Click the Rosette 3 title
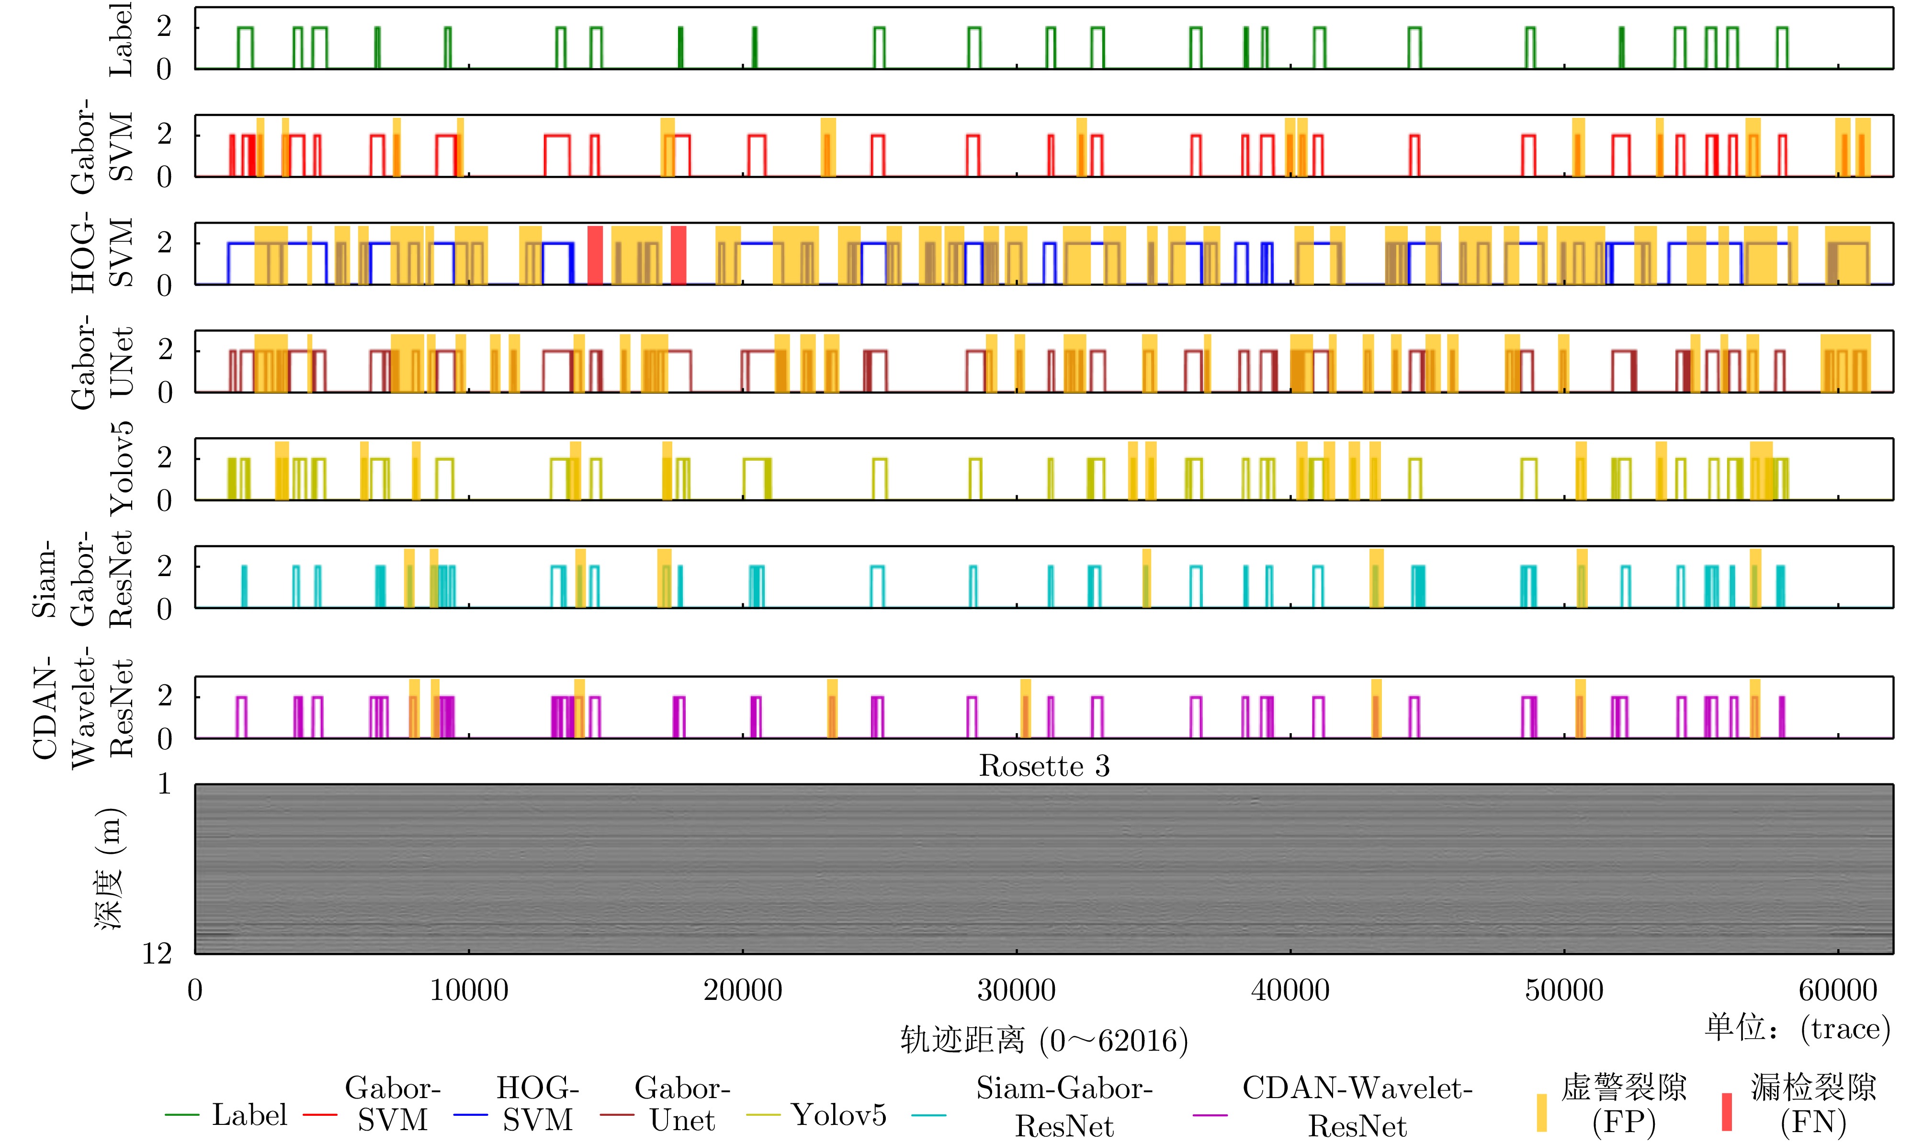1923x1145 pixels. click(1044, 766)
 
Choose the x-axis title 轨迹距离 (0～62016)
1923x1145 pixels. click(1044, 1041)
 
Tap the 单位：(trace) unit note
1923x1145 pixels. click(1797, 1028)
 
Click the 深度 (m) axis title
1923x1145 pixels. click(109, 869)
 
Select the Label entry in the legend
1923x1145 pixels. click(249, 1115)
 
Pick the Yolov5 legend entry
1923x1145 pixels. click(838, 1115)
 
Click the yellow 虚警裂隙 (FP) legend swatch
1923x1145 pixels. click(1541, 1112)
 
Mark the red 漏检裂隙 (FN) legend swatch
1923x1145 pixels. click(1726, 1112)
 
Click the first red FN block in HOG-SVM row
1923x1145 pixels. click(595, 255)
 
